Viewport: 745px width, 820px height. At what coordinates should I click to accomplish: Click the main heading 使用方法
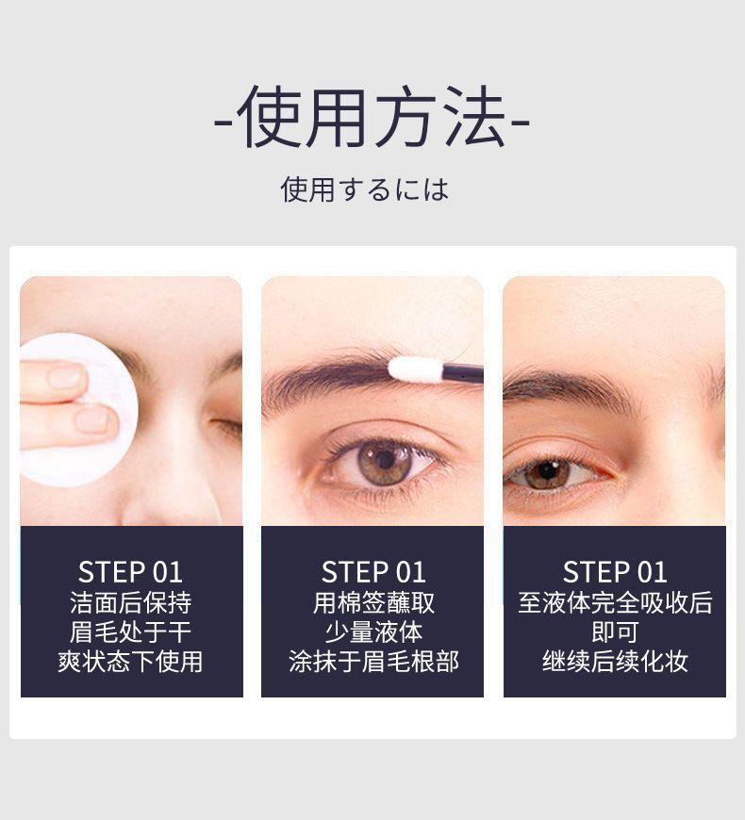(372, 117)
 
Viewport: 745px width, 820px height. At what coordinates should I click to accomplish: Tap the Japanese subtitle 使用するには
(365, 189)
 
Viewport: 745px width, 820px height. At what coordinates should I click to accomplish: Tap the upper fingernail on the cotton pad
(65, 376)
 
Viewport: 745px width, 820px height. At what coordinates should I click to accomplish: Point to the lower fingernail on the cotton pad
(94, 419)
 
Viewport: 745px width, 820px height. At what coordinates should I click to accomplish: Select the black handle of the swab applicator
(462, 373)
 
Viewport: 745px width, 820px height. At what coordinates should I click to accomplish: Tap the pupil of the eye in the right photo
(548, 471)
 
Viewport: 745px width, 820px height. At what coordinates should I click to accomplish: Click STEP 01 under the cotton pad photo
(130, 572)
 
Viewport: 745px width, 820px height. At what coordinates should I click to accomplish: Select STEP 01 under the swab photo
(373, 572)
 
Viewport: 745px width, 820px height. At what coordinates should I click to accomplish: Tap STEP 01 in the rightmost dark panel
(615, 572)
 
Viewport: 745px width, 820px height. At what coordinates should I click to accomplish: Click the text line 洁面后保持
(130, 603)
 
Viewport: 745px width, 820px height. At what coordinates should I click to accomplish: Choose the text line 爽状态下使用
(130, 662)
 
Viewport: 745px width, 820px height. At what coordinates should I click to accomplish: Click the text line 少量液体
(373, 632)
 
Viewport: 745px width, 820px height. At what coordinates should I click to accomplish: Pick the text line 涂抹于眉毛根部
(373, 662)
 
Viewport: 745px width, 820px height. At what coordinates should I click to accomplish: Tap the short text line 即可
(615, 632)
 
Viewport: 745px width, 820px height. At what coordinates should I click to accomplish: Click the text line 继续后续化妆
(615, 662)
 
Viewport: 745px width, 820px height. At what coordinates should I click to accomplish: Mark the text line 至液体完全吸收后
(615, 603)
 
